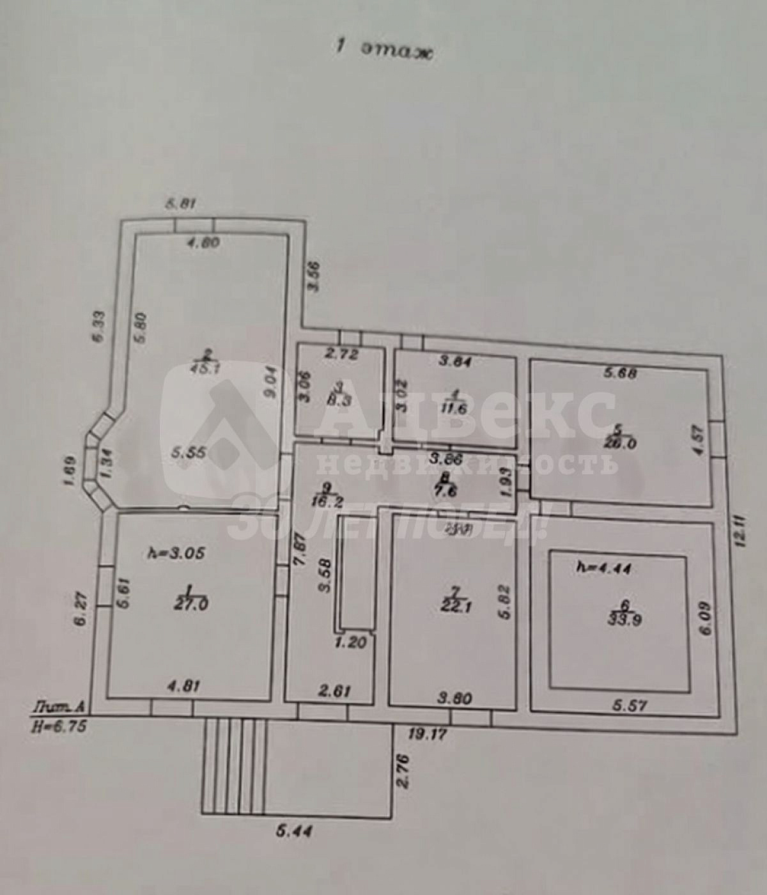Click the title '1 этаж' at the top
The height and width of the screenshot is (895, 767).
tap(385, 49)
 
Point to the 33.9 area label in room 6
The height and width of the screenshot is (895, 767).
tap(625, 619)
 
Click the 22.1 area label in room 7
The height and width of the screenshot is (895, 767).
tap(456, 607)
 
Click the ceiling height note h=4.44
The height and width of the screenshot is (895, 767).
tap(604, 567)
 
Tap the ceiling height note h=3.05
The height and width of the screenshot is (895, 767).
tap(176, 553)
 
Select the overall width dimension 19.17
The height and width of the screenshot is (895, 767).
tap(427, 734)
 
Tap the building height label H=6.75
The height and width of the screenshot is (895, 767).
tap(59, 726)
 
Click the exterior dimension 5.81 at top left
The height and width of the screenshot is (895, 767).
tap(180, 205)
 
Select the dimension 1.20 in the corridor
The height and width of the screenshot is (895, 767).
tap(351, 642)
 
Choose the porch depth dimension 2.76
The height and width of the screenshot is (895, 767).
tap(403, 772)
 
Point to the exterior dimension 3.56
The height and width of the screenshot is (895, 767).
tap(313, 276)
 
